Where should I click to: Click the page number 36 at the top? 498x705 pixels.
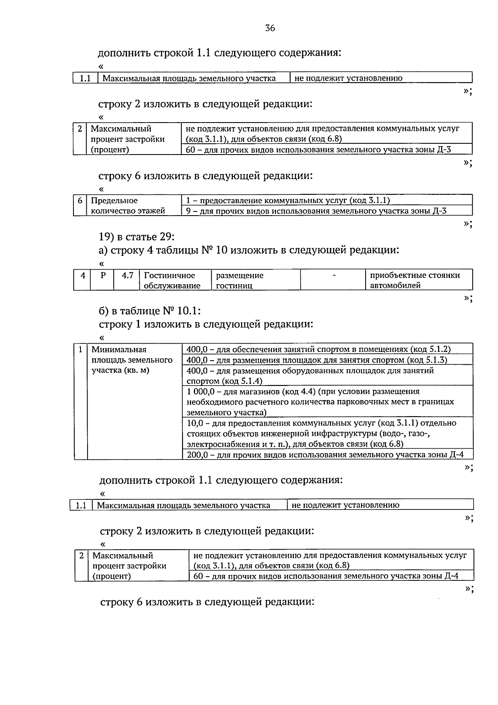pyautogui.click(x=270, y=28)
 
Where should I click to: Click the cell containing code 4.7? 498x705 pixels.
pyautogui.click(x=127, y=280)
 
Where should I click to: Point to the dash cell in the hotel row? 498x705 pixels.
pyautogui.click(x=334, y=280)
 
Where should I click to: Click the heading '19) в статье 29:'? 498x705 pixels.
pyautogui.click(x=137, y=236)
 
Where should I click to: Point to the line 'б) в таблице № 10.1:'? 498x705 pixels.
pyautogui.click(x=150, y=310)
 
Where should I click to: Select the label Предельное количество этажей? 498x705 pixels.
pyautogui.click(x=128, y=206)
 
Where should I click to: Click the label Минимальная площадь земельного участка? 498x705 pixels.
pyautogui.click(x=132, y=360)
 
